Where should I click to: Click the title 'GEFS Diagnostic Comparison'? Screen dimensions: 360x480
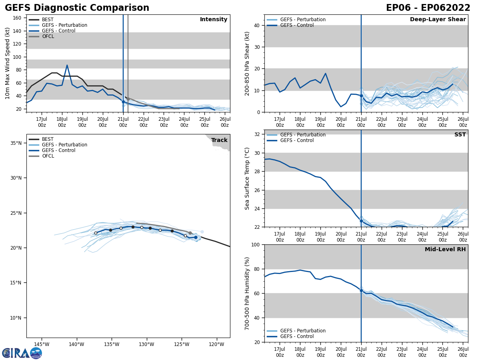pyautogui.click(x=77, y=8)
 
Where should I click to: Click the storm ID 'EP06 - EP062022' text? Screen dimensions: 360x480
pyautogui.click(x=428, y=8)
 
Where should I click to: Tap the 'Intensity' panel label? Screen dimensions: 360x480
pyautogui.click(x=214, y=20)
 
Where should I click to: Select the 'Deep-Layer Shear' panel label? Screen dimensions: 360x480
pyautogui.click(x=438, y=20)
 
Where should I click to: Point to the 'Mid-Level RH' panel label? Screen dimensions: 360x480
pyautogui.click(x=445, y=250)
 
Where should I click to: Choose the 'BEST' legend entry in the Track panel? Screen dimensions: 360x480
pyautogui.click(x=48, y=139)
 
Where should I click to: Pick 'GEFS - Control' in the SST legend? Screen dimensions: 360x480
pyautogui.click(x=297, y=140)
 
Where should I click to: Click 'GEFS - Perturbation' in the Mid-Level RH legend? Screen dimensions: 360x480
pyautogui.click(x=303, y=331)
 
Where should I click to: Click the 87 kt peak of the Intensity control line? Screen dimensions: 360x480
pyautogui.click(x=67, y=65)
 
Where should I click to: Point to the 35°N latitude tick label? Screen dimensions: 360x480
pyautogui.click(x=16, y=143)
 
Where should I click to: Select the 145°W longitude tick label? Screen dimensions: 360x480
pyautogui.click(x=41, y=344)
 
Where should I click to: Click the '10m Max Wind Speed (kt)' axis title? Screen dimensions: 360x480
pyautogui.click(x=8, y=63)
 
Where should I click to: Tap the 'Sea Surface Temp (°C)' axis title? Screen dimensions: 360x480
pyautogui.click(x=247, y=178)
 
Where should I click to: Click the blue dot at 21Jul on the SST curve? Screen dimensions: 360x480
pyautogui.click(x=361, y=221)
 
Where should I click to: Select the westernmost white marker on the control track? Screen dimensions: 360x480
pyautogui.click(x=96, y=233)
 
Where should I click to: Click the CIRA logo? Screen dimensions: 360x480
pyautogui.click(x=22, y=353)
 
